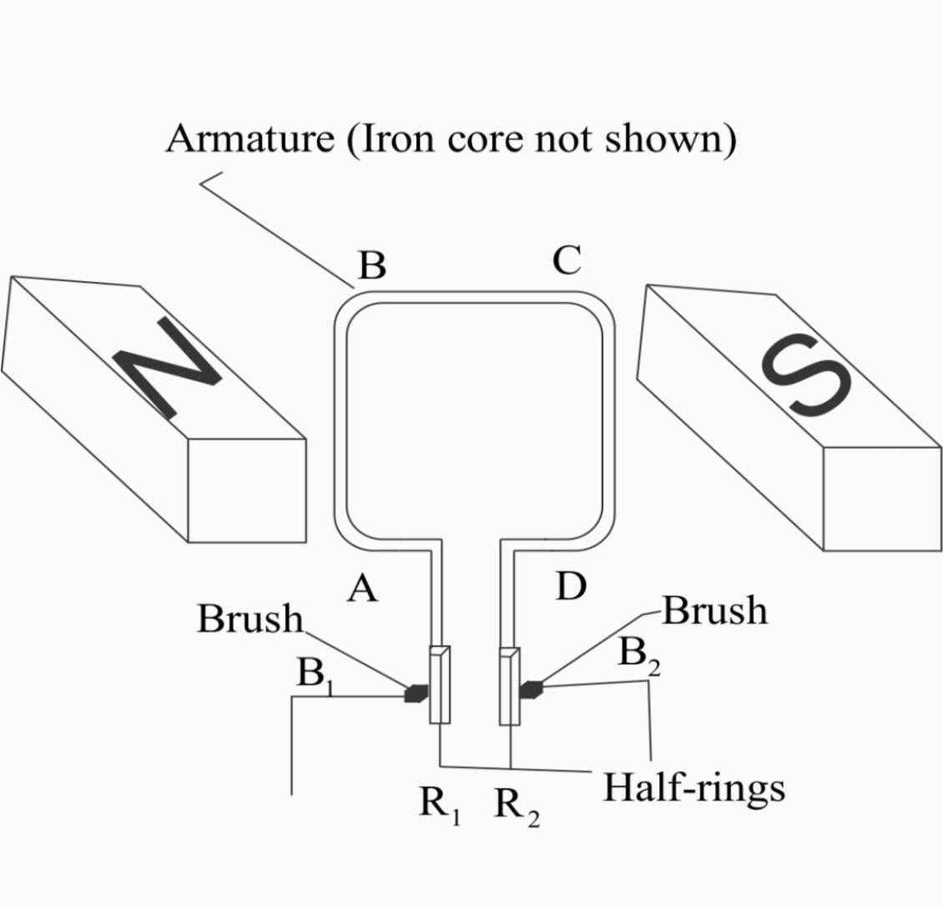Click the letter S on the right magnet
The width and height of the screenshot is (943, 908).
[805, 374]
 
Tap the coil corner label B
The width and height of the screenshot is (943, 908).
[372, 266]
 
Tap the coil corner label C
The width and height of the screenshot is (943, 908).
[567, 261]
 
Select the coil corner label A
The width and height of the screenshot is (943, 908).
[362, 589]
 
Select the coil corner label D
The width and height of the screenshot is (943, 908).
[571, 587]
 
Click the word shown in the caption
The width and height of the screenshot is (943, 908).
[663, 138]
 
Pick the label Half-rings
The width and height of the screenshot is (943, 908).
[693, 787]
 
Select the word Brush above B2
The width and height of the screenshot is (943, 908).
[714, 611]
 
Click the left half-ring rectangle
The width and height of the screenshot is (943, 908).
[440, 685]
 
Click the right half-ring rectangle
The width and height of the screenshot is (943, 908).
[509, 685]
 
